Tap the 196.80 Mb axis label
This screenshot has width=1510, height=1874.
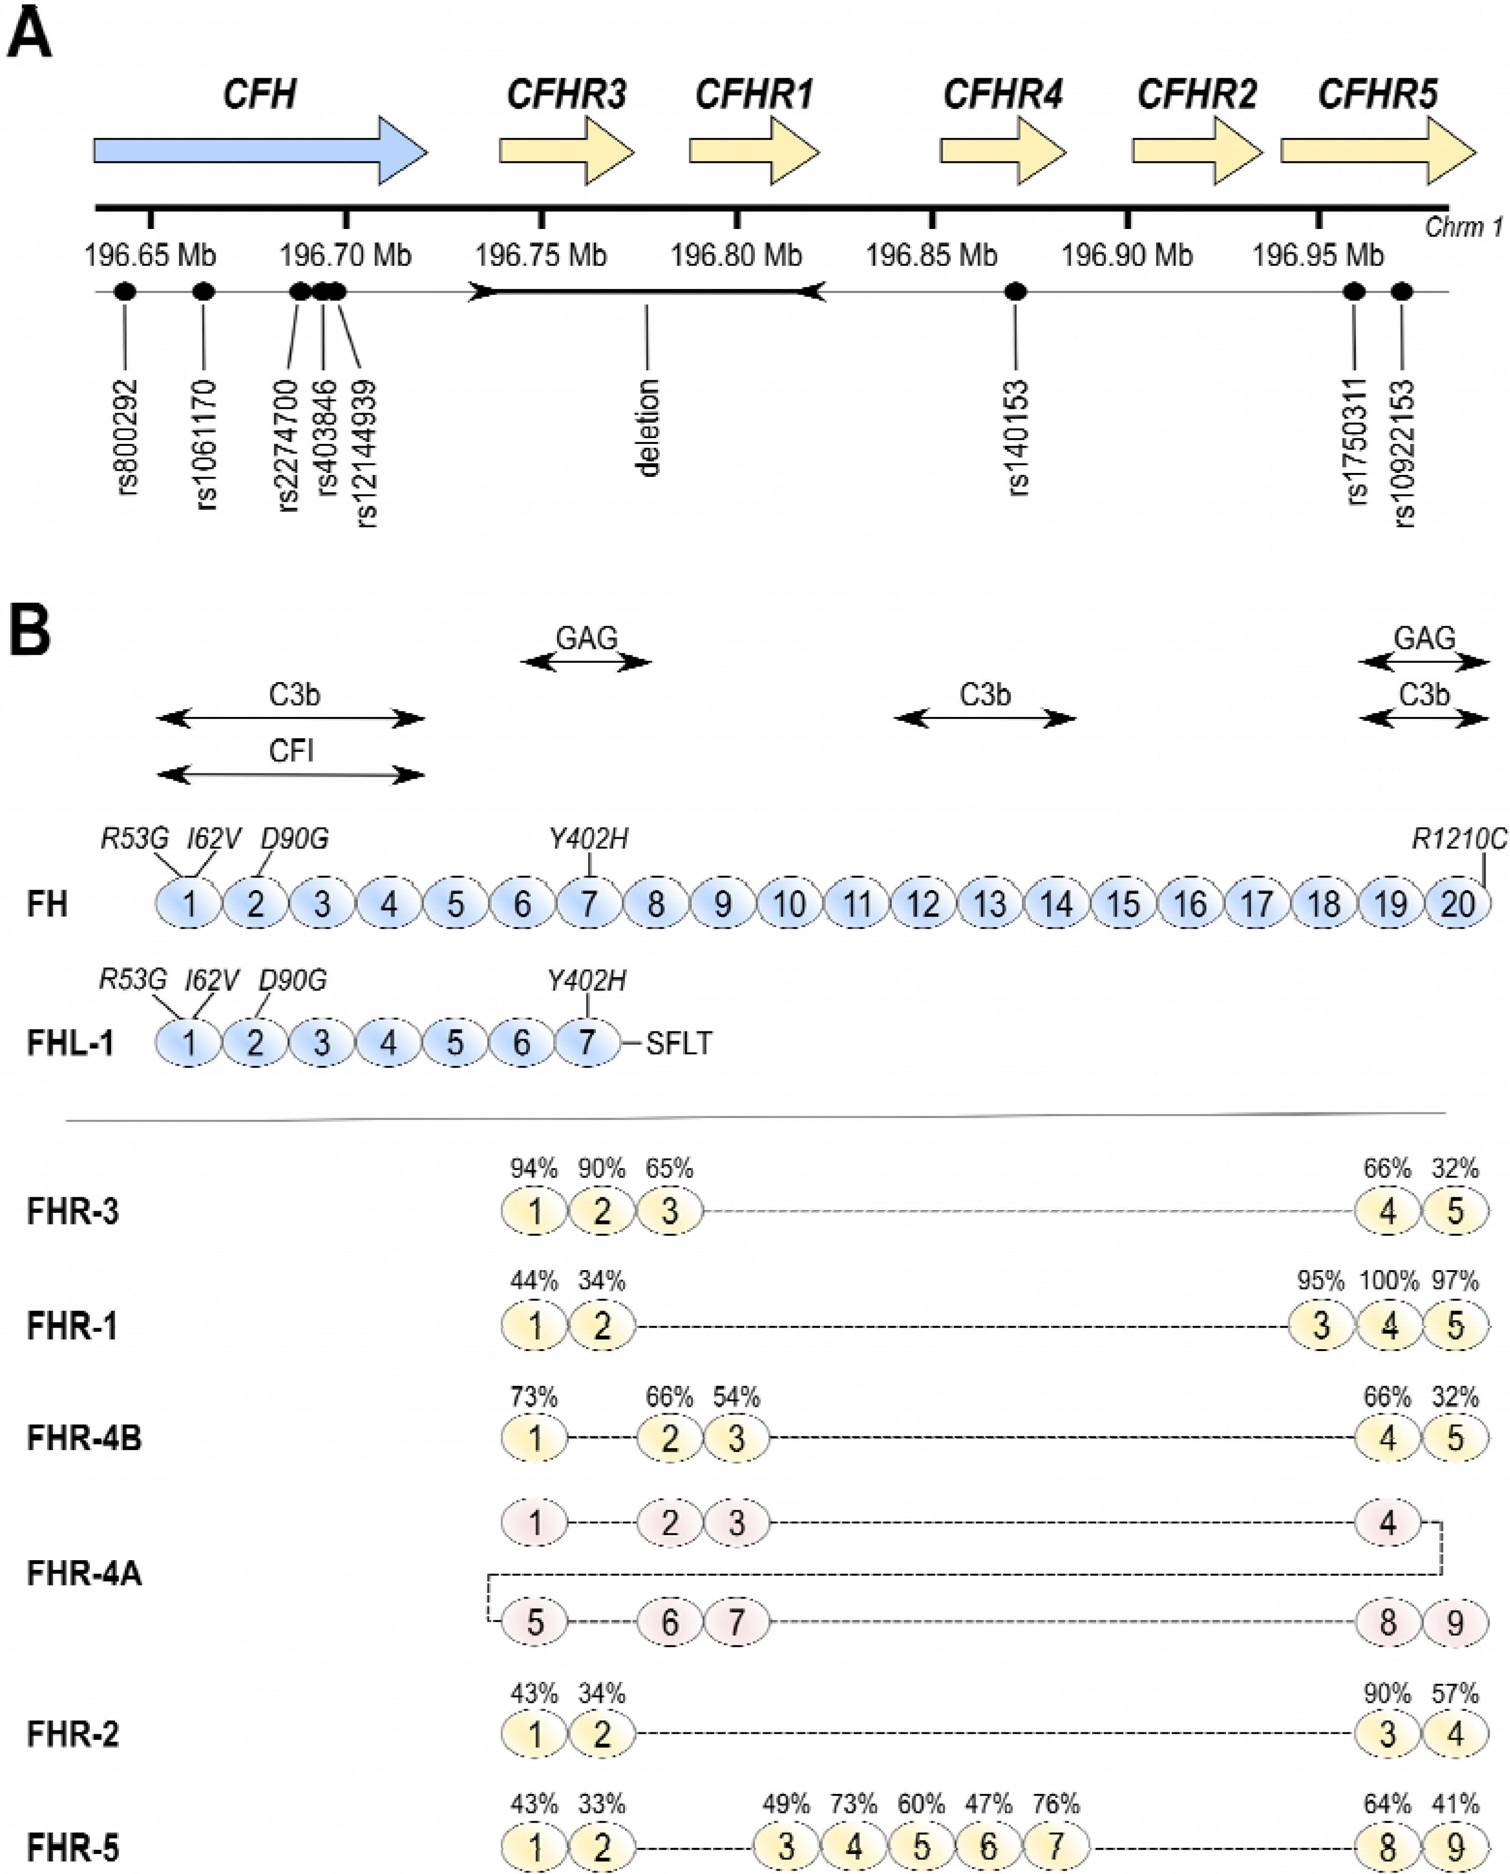pyautogui.click(x=736, y=256)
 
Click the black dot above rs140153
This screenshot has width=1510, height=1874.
pyautogui.click(x=1015, y=292)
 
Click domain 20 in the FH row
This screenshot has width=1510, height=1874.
pyautogui.click(x=1457, y=904)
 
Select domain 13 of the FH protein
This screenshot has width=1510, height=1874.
pyautogui.click(x=990, y=904)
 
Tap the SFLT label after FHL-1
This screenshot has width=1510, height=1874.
pyautogui.click(x=679, y=1043)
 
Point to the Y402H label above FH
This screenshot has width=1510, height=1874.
pyautogui.click(x=589, y=839)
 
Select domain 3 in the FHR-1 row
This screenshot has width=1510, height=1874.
pyautogui.click(x=1321, y=1326)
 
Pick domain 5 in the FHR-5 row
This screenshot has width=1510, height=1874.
pyautogui.click(x=921, y=1847)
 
